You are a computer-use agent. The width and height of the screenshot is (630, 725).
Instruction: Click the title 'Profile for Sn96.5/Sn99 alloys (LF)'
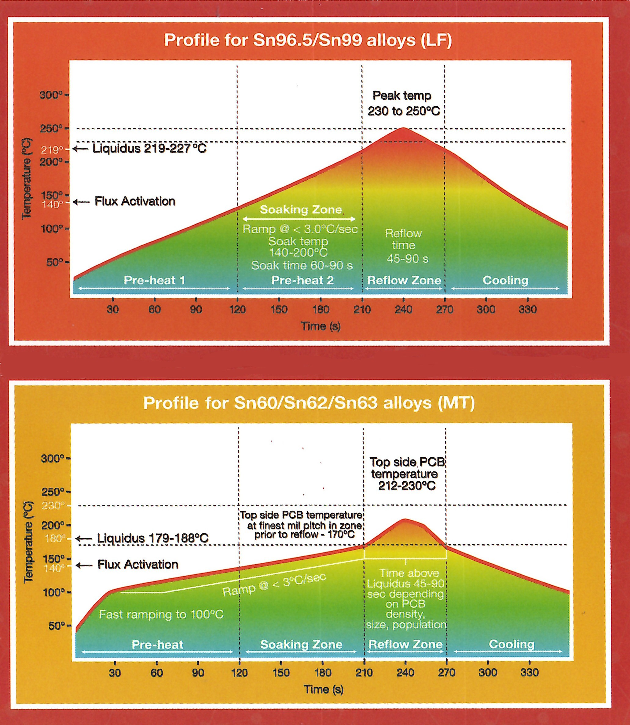click(x=308, y=40)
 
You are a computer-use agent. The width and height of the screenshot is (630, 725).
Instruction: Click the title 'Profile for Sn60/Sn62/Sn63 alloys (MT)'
click(x=309, y=403)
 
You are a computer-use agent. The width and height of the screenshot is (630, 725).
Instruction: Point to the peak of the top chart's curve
click(x=403, y=128)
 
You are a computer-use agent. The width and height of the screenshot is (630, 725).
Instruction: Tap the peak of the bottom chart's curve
click(x=405, y=519)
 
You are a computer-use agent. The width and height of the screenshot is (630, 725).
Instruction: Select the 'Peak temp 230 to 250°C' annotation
click(x=403, y=103)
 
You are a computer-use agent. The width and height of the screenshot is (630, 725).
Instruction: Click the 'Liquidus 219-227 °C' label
click(x=149, y=148)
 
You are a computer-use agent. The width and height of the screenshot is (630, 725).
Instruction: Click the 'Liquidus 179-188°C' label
click(x=152, y=538)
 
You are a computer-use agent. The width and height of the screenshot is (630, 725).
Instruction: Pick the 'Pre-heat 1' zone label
click(x=154, y=280)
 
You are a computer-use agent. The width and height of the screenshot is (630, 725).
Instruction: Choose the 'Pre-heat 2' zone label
click(x=302, y=280)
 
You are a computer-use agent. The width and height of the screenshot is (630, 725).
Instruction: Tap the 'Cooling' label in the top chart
click(x=505, y=280)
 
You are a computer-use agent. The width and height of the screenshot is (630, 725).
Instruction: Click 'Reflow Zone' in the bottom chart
click(x=405, y=644)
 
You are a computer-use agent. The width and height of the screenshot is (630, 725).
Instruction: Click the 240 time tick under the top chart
click(x=403, y=309)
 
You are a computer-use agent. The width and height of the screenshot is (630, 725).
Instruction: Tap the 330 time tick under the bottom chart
click(x=529, y=673)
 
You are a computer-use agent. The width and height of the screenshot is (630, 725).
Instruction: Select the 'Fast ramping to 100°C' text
click(x=161, y=614)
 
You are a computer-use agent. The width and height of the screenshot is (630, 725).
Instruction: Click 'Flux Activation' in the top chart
click(x=135, y=201)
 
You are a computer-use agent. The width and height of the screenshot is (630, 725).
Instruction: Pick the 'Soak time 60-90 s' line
click(x=302, y=265)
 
